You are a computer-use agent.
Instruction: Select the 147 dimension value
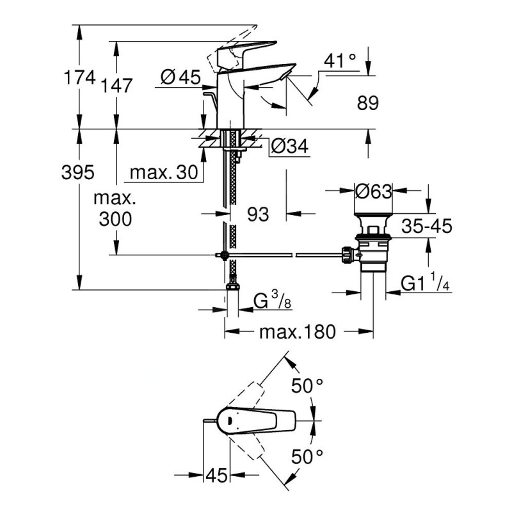(116, 85)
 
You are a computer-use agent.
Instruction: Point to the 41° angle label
(340, 62)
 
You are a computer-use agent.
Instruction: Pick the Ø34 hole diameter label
(289, 147)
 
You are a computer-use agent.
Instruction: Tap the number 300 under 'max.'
(115, 219)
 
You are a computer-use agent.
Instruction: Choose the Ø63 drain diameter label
(372, 191)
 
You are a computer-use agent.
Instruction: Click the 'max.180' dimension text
(298, 332)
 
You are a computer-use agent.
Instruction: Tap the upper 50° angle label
(308, 387)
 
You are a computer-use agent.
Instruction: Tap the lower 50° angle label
(308, 457)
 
